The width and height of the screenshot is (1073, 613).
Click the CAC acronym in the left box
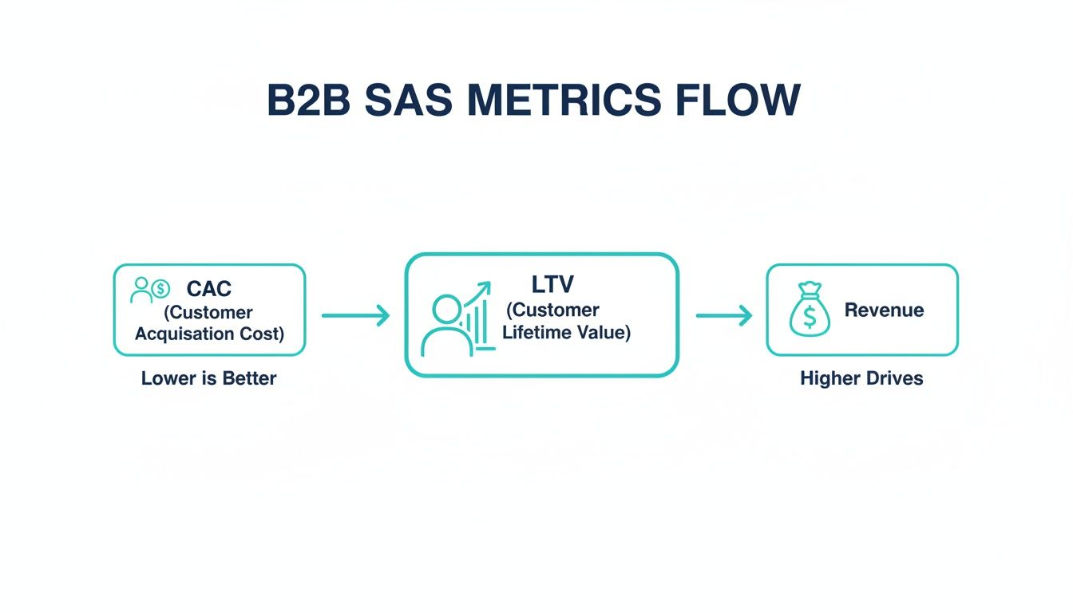208,288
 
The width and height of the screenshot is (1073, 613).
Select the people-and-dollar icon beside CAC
150,290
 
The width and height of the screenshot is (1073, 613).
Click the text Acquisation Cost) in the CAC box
209,334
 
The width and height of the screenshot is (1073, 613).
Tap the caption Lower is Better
208,378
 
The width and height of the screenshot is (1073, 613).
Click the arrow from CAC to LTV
355,316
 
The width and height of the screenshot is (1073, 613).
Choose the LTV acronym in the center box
552,284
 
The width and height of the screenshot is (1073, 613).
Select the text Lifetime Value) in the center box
566,332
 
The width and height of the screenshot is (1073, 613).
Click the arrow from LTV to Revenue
724,316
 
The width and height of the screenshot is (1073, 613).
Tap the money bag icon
809,310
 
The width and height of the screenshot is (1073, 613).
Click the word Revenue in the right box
884,310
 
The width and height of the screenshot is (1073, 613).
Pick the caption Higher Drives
861,378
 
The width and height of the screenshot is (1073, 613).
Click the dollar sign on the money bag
810,318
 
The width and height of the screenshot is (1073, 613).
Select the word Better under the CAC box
250,378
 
